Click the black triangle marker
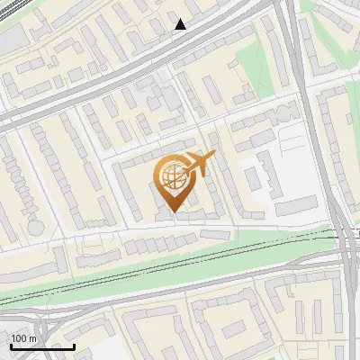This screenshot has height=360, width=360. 181,23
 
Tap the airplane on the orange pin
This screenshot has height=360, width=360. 199,165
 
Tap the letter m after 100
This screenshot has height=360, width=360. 32,338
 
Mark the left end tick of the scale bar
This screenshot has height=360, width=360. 11,346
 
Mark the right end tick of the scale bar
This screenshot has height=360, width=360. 75,346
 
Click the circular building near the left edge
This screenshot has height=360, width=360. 35,227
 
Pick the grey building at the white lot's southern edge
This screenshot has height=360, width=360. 296,208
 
